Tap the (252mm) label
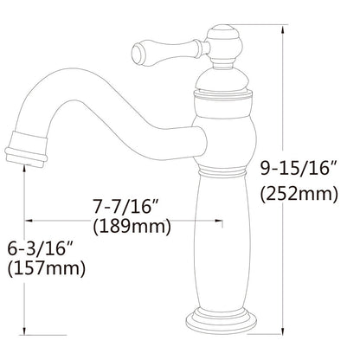(x=299, y=194)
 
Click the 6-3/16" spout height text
(x=37, y=248)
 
